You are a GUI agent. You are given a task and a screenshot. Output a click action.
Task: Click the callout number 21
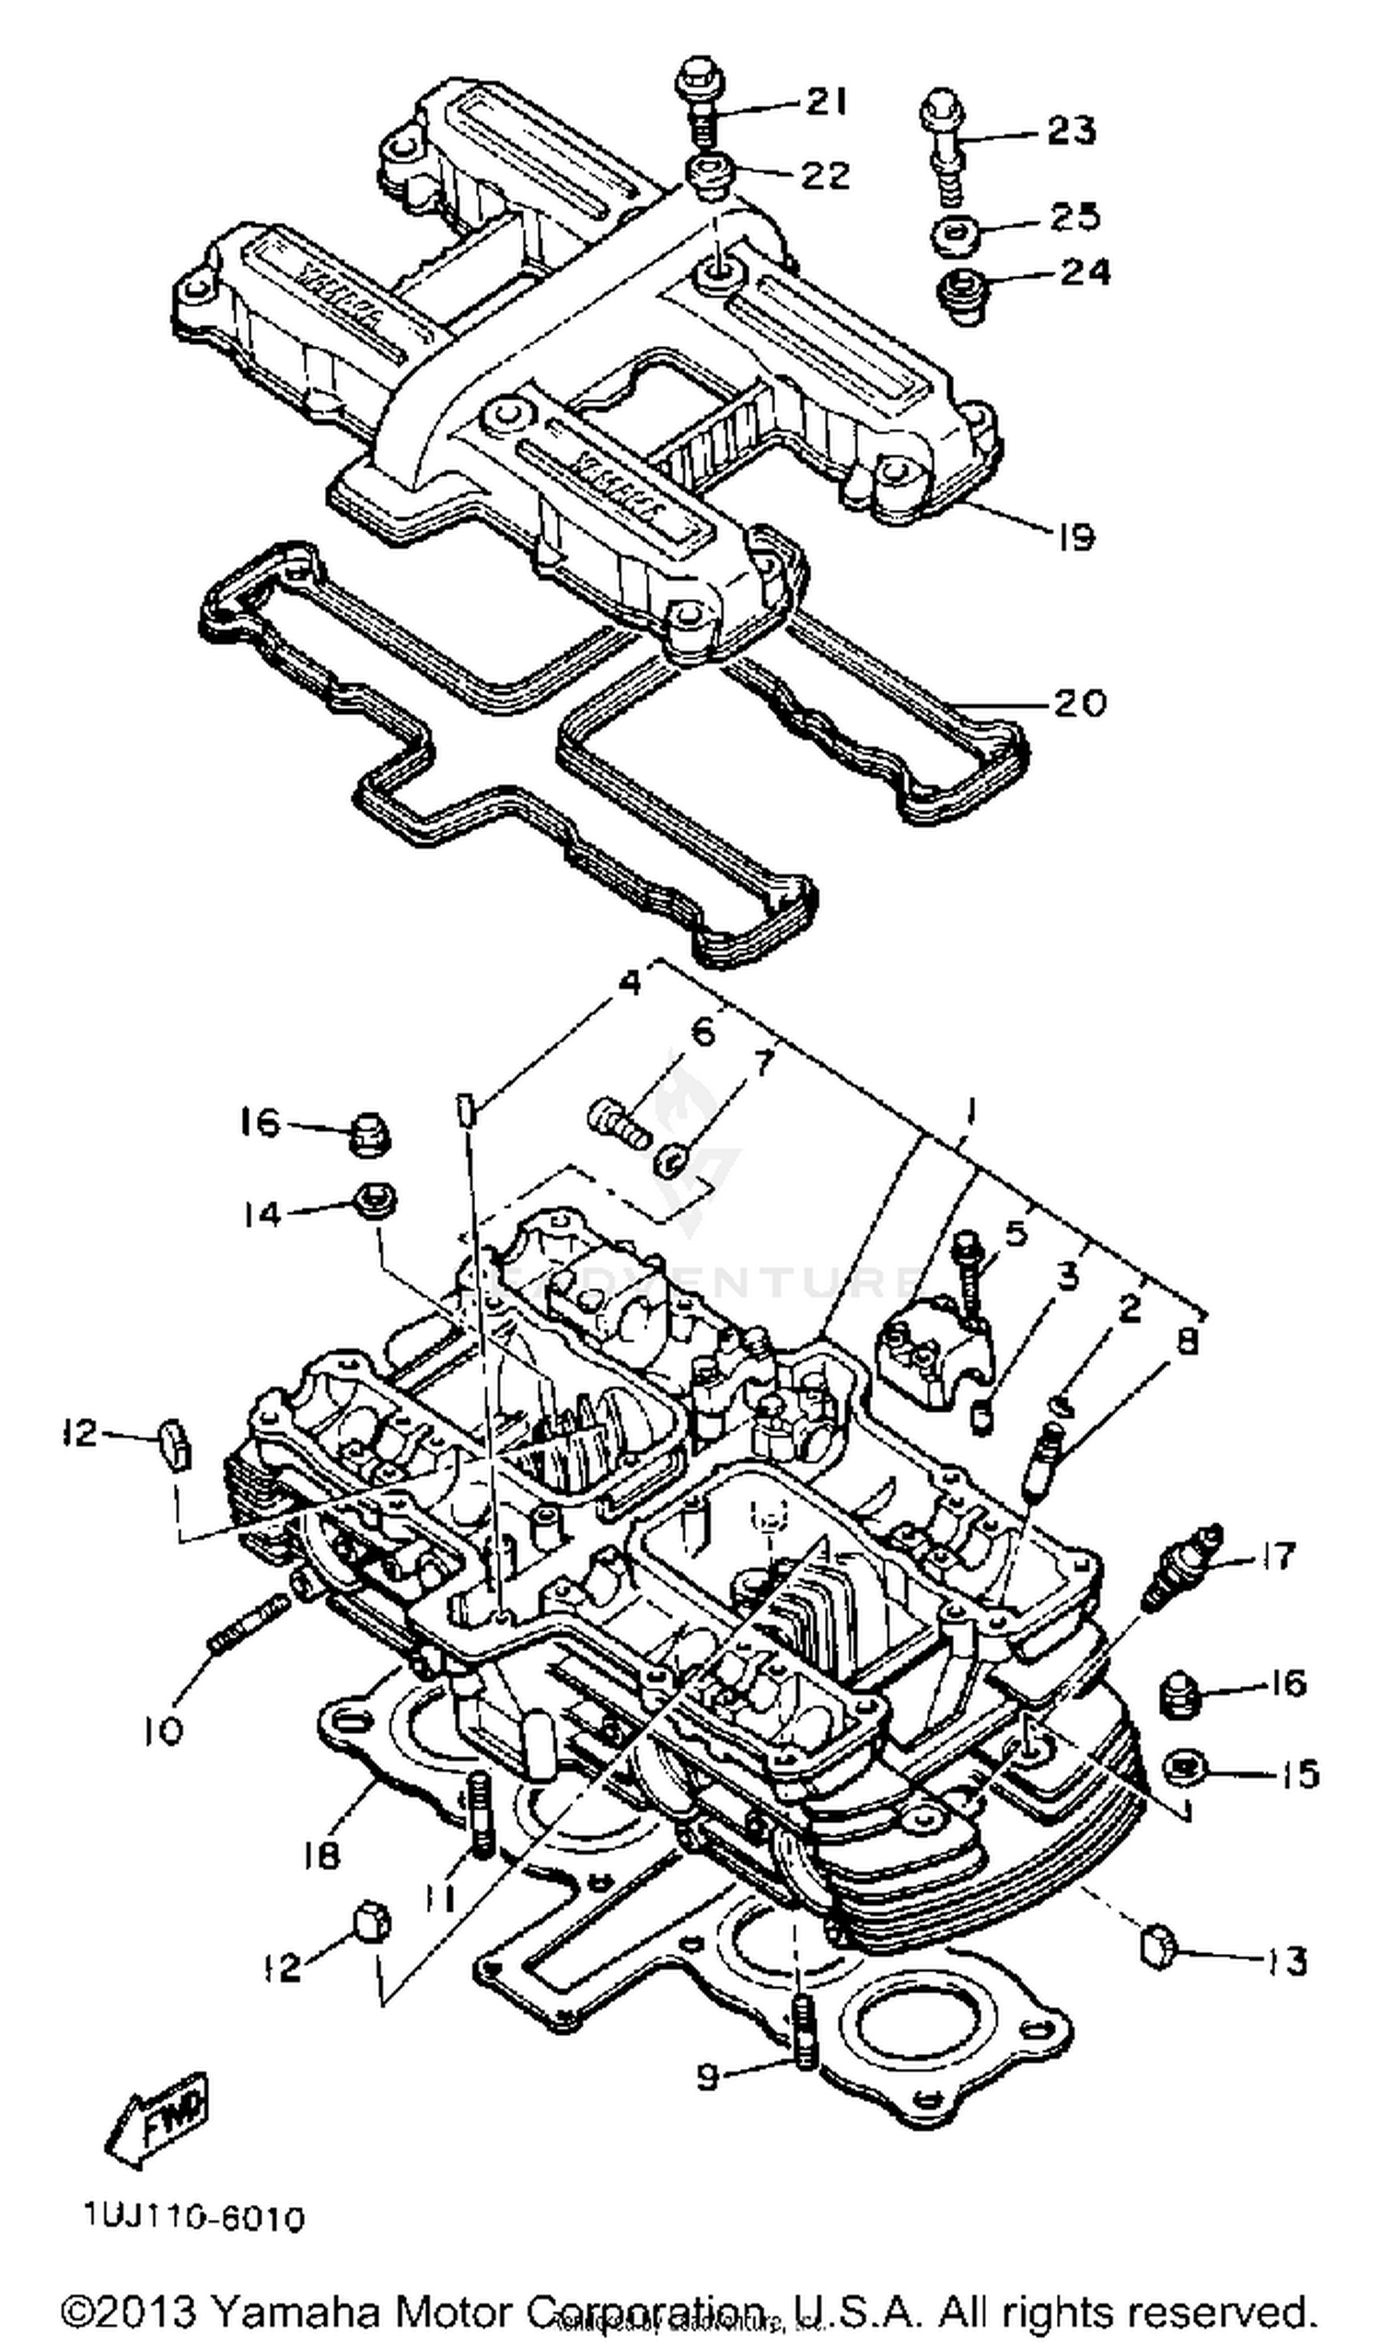click(x=825, y=101)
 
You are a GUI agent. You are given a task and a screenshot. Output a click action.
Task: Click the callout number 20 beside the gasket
click(x=1080, y=702)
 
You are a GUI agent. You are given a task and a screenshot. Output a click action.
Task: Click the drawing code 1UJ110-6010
click(x=193, y=2218)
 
